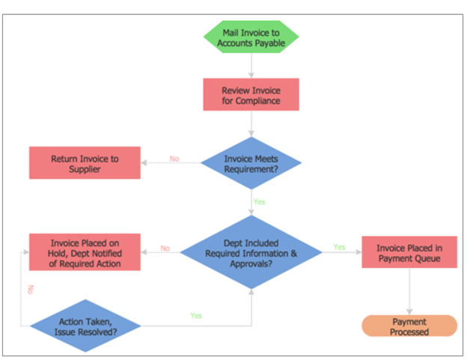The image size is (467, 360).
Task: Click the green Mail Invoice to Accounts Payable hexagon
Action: click(x=251, y=38)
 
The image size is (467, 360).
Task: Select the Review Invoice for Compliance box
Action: click(x=251, y=95)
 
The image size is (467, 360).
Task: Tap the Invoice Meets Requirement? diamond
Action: click(x=251, y=163)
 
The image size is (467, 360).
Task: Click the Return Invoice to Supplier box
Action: click(x=85, y=163)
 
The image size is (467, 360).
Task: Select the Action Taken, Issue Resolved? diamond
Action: click(x=85, y=326)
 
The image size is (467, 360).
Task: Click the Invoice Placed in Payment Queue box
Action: click(x=409, y=253)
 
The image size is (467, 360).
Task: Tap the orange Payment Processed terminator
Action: click(x=409, y=326)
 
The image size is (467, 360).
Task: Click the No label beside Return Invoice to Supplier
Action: click(x=174, y=159)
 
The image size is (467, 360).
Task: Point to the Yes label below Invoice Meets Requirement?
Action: click(x=259, y=202)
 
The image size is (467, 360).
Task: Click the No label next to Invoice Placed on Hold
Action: click(x=165, y=248)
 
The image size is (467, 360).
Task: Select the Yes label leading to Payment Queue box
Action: click(x=339, y=247)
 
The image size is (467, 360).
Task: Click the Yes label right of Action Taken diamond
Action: click(x=196, y=316)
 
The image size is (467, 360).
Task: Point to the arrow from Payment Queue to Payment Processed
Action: click(x=409, y=293)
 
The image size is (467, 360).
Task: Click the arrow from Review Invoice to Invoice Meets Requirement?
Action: click(x=251, y=124)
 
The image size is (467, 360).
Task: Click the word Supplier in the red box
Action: click(x=85, y=169)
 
